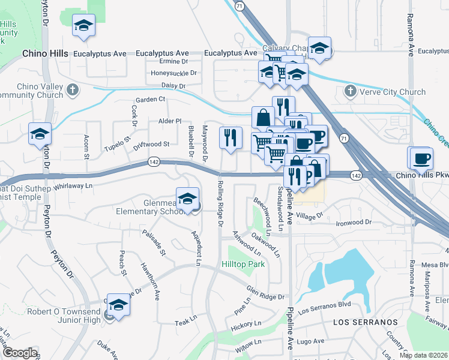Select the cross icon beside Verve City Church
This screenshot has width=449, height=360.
pyautogui.click(x=351, y=92)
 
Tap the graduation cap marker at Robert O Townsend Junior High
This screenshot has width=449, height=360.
pyautogui.click(x=119, y=305)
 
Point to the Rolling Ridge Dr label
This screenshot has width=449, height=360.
pyautogui.click(x=220, y=204)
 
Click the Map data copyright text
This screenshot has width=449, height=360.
pyautogui.click(x=423, y=355)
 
